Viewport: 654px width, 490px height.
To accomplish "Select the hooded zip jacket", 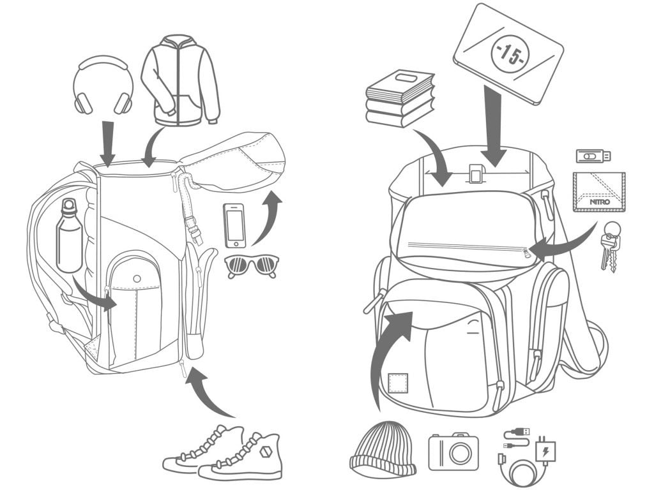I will tap(180, 83).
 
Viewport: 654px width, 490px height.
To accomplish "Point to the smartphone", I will tap(235, 225).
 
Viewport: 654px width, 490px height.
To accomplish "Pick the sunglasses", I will tap(252, 264).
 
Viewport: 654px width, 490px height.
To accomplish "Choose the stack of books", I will tap(400, 98).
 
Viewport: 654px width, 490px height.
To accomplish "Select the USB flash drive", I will tap(593, 156).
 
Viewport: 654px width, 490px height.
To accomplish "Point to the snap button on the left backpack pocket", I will tap(136, 278).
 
